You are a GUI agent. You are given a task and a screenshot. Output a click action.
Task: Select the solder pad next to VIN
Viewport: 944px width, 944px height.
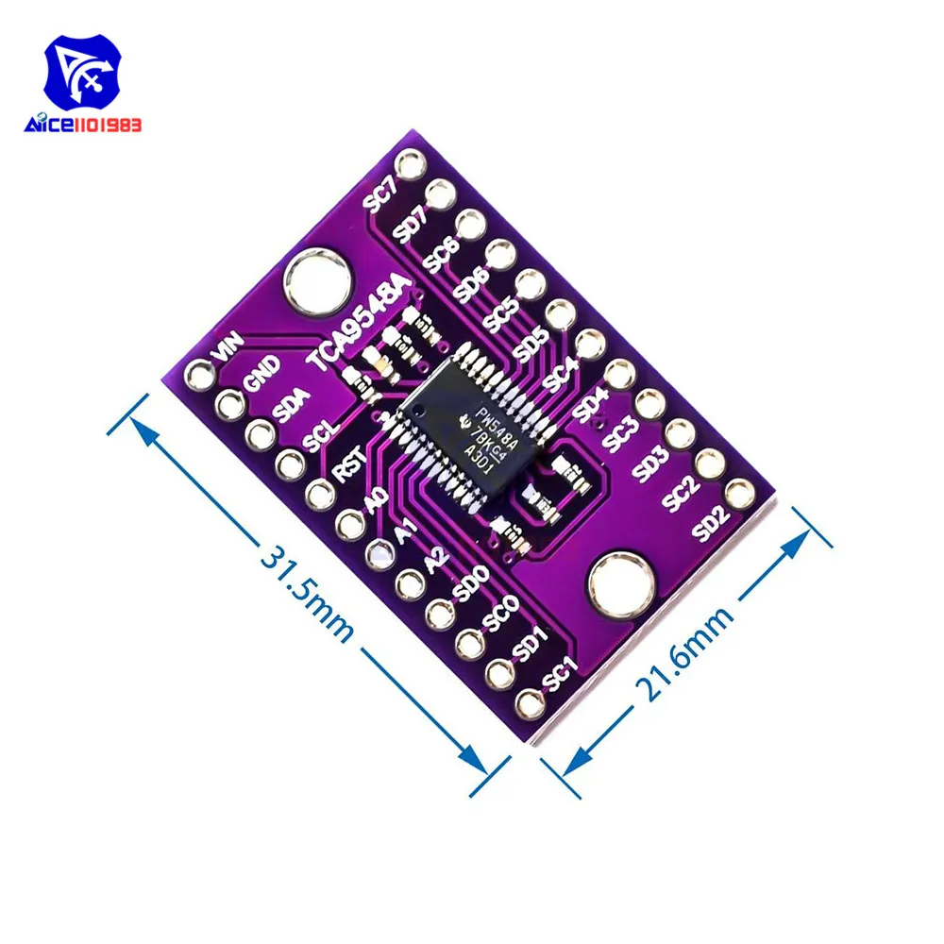(x=199, y=377)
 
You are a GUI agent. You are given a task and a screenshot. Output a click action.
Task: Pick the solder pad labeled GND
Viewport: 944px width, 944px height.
(x=229, y=406)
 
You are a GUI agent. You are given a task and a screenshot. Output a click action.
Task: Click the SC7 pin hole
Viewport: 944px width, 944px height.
(x=411, y=167)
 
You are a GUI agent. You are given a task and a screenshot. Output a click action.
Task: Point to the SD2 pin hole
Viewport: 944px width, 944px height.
(x=739, y=492)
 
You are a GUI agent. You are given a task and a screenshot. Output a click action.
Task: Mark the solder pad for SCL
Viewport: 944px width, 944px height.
(x=290, y=464)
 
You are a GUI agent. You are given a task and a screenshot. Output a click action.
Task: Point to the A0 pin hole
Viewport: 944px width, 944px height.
(x=350, y=522)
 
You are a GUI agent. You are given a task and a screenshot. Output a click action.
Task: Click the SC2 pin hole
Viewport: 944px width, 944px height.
(x=709, y=463)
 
